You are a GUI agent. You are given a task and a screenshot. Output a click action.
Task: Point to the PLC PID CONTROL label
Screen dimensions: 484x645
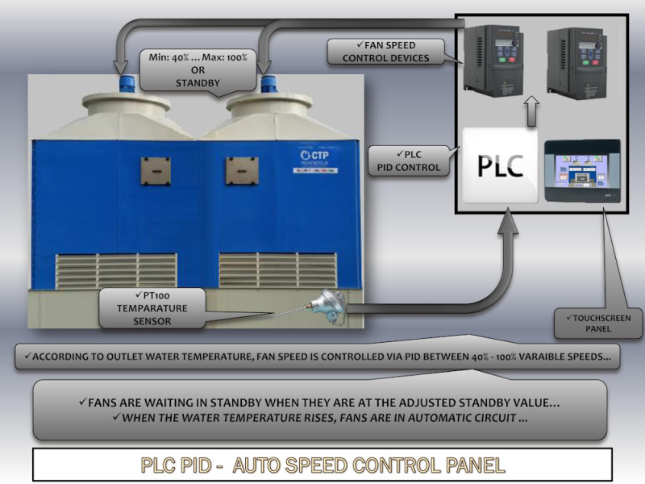(409, 160)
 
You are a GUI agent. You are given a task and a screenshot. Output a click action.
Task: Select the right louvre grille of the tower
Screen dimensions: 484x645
(277, 270)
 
